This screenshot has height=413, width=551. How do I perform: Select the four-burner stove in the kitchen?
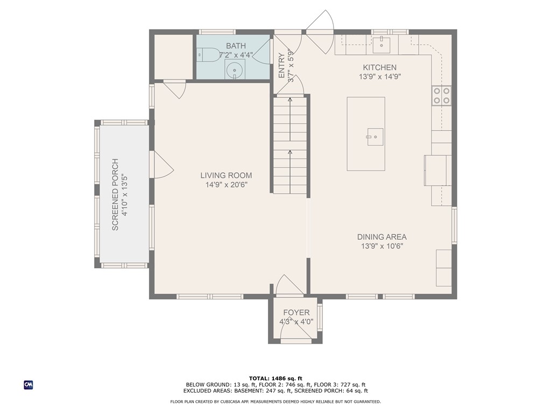(x=441, y=96)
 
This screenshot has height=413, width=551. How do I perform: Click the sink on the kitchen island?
(x=375, y=137)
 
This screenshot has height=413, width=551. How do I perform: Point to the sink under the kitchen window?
(x=382, y=43)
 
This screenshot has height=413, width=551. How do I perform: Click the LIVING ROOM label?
(x=227, y=175)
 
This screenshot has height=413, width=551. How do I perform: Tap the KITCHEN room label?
(x=380, y=67)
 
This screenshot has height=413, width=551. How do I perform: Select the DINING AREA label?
(x=382, y=237)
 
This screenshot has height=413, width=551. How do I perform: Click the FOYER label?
(x=296, y=312)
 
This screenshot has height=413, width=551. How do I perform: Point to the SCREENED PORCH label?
(x=115, y=195)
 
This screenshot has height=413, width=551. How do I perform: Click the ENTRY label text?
(x=281, y=65)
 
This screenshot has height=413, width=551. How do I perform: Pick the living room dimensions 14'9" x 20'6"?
(x=227, y=185)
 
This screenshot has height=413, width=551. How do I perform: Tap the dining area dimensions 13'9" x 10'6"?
(x=382, y=246)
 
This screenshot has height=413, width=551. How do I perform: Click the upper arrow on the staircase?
(x=290, y=119)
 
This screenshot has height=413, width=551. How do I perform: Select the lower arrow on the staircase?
(x=290, y=172)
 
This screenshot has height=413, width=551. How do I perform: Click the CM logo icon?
(x=29, y=385)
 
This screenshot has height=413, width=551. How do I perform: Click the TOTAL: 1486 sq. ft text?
(x=275, y=378)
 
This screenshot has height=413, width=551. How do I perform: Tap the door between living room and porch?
(x=161, y=165)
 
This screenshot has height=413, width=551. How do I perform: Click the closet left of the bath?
(x=174, y=57)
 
